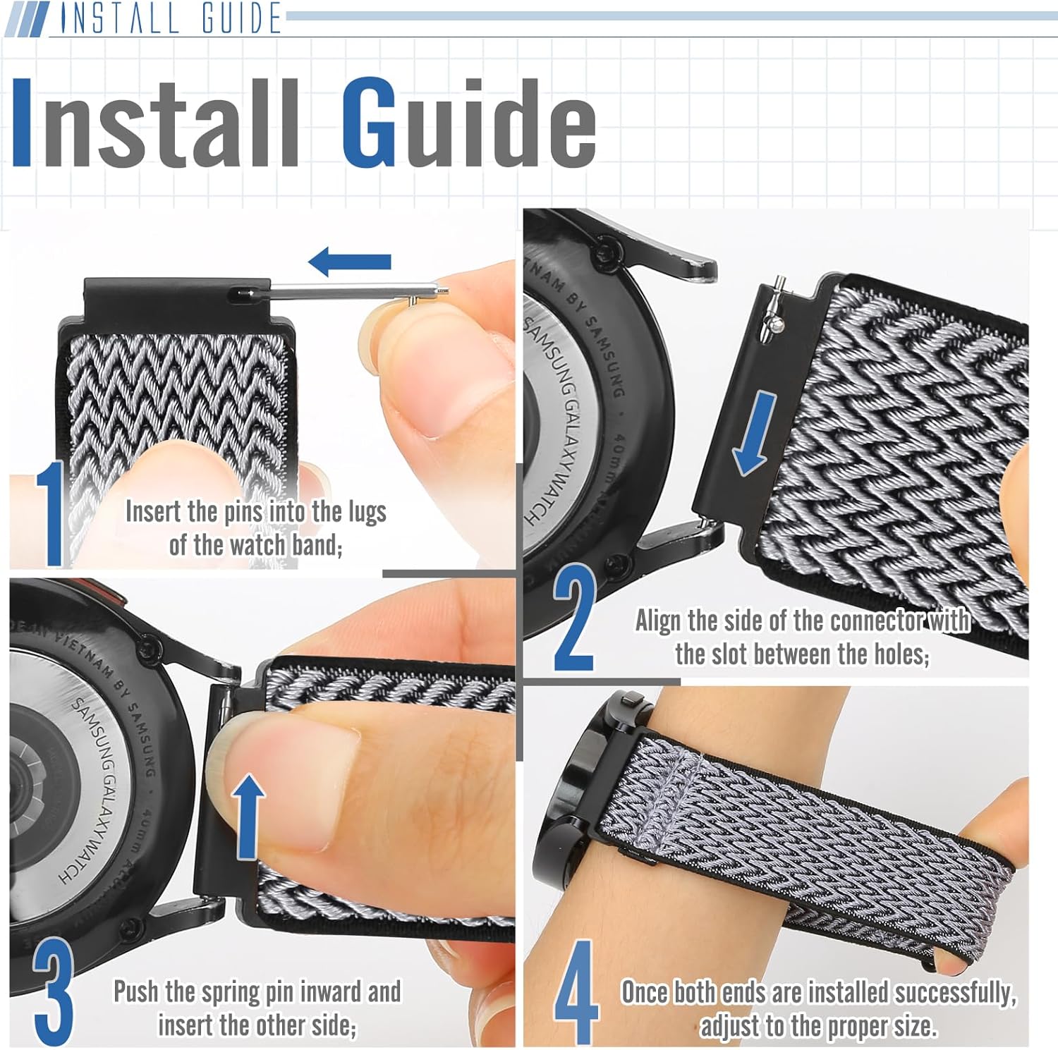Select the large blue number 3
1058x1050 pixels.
click(53, 991)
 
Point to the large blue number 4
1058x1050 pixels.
click(577, 993)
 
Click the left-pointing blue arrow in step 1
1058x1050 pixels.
click(350, 262)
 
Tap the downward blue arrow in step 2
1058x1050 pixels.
click(753, 434)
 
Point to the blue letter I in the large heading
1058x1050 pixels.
click(21, 121)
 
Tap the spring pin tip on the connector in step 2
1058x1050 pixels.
click(779, 282)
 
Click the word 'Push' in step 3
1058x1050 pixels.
click(136, 991)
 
